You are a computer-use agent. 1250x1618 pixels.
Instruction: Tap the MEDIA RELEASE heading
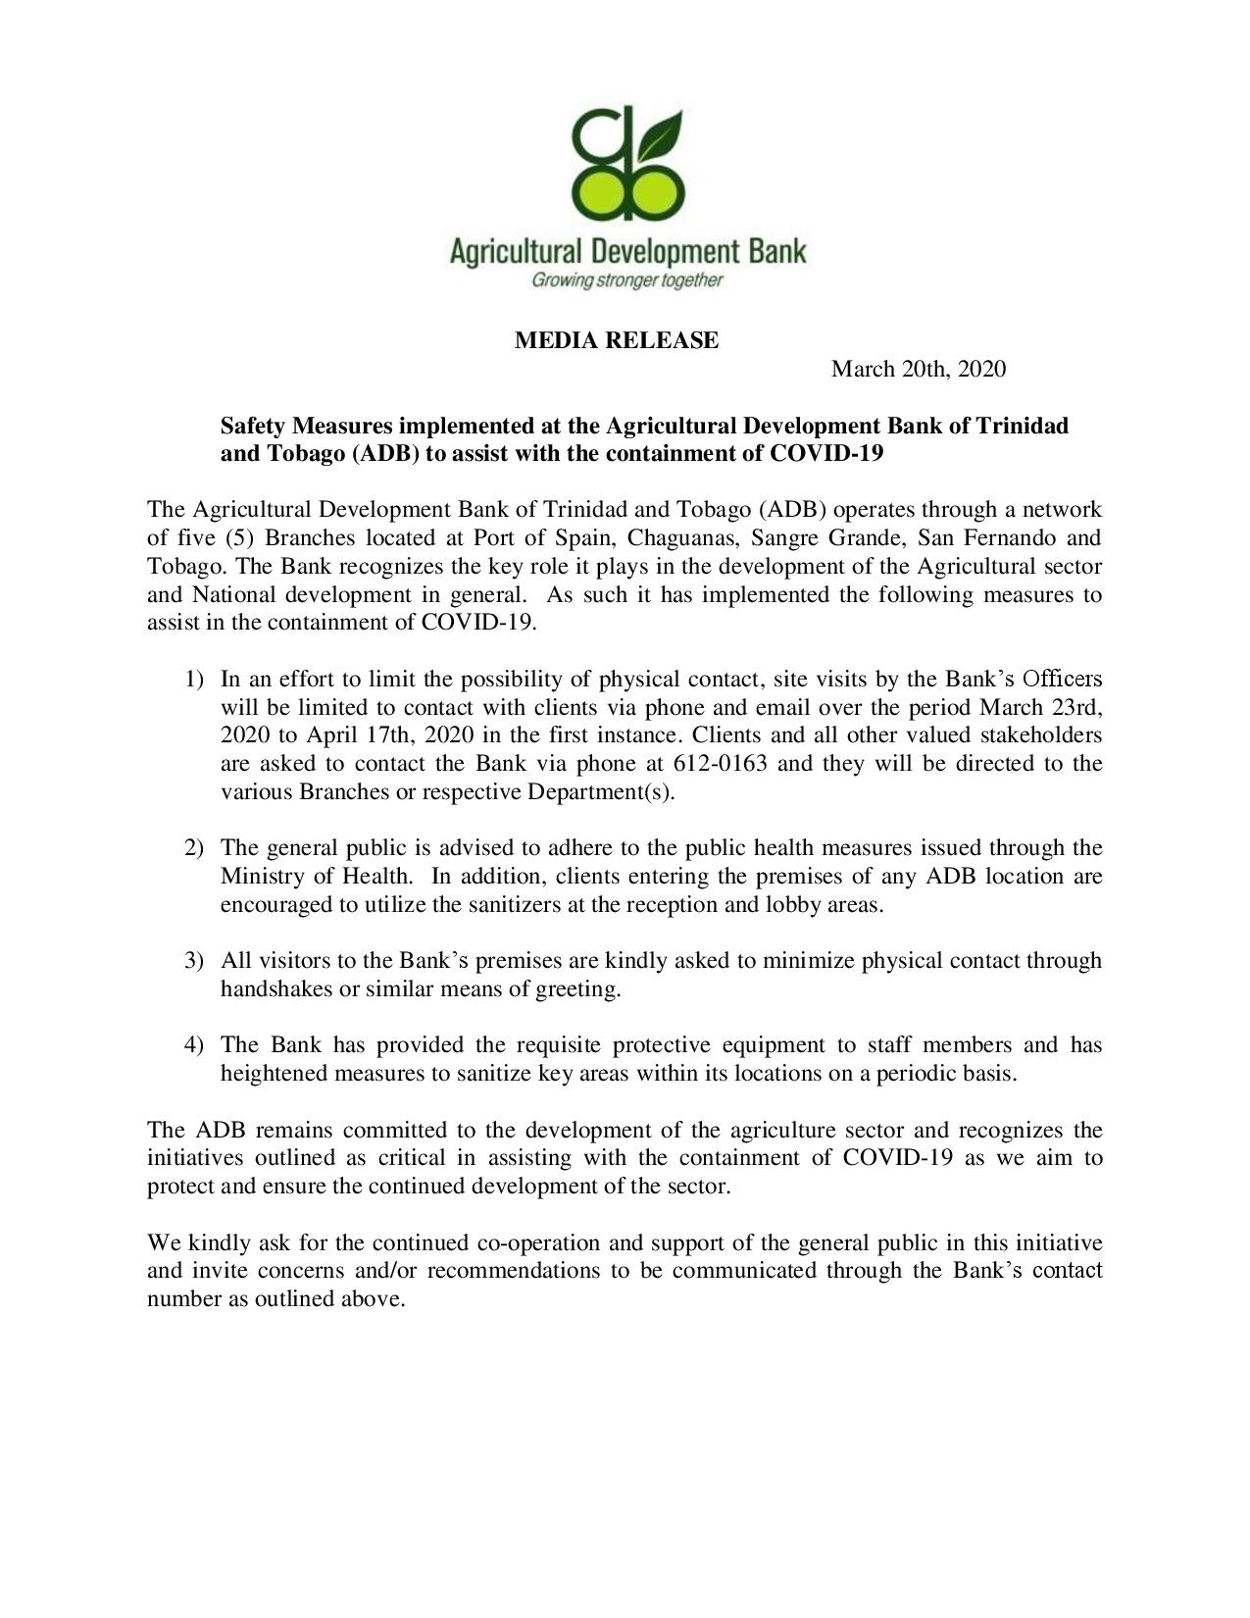click(617, 340)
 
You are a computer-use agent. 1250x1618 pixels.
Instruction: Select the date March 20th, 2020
click(918, 369)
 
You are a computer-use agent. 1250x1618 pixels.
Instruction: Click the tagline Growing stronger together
click(626, 281)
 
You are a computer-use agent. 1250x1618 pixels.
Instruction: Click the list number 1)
click(193, 679)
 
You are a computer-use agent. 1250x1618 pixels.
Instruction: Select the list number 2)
click(193, 847)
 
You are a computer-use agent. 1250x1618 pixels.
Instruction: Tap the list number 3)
click(193, 960)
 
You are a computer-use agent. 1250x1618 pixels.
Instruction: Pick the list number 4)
click(193, 1044)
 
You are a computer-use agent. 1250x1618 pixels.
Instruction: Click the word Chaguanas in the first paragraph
click(679, 537)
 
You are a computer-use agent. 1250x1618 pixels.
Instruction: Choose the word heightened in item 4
click(275, 1073)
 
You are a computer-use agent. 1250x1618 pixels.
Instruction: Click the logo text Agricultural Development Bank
click(627, 251)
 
